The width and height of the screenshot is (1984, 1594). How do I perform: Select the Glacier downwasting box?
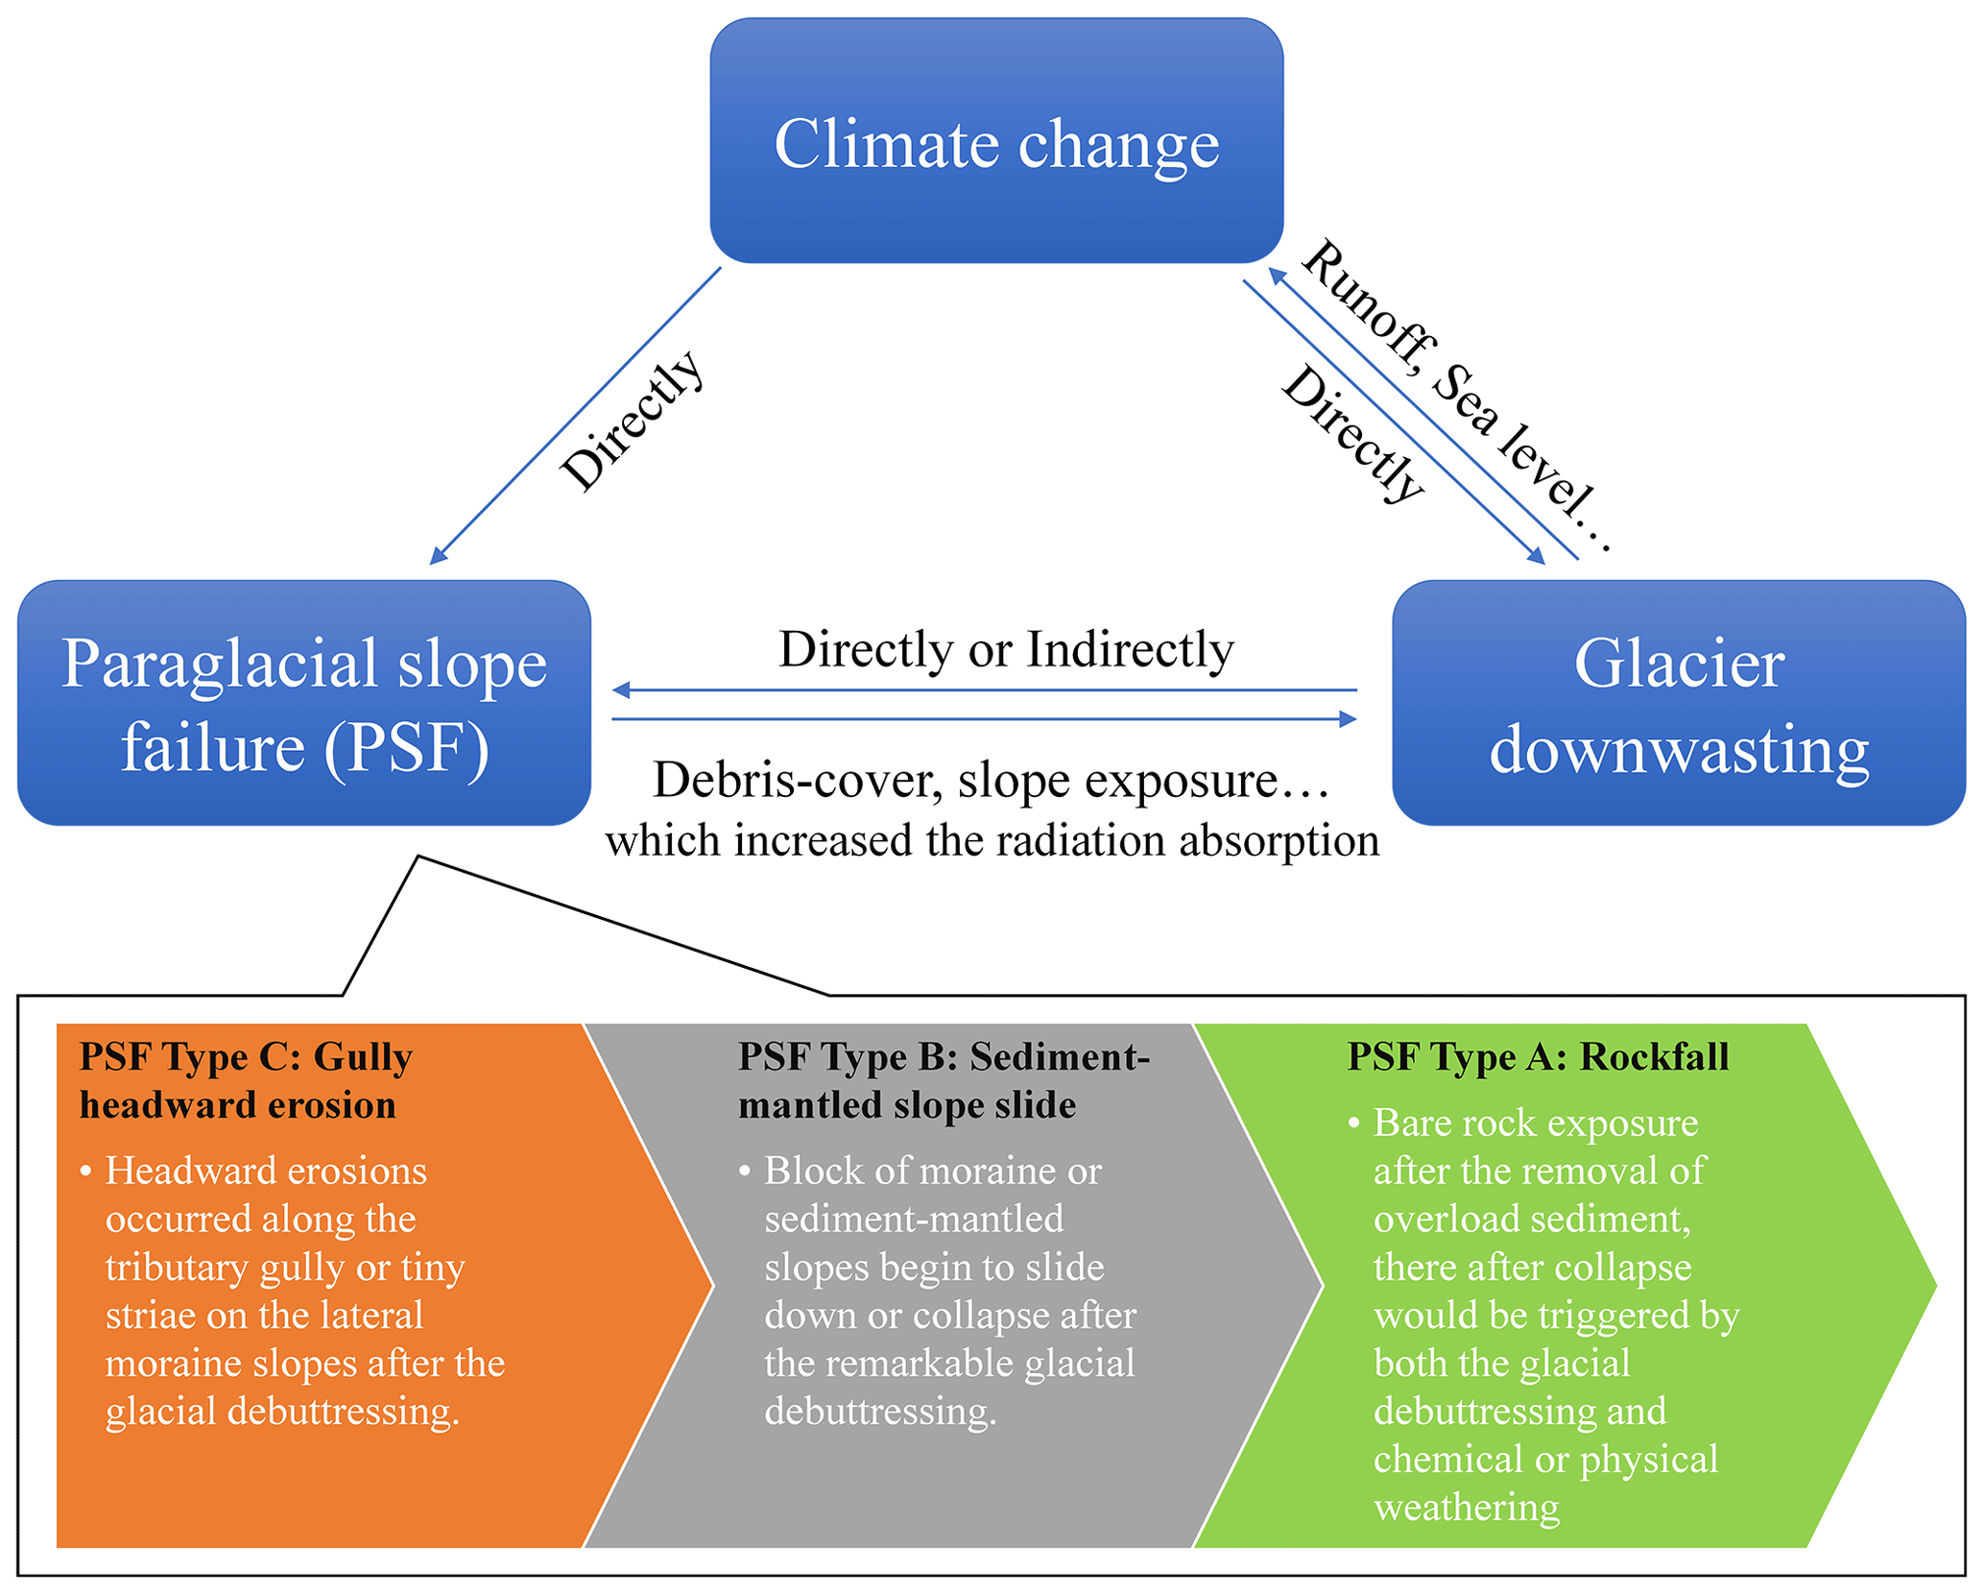[x=1678, y=703]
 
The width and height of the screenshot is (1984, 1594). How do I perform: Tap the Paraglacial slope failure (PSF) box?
[x=304, y=703]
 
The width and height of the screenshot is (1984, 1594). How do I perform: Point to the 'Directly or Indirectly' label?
[x=1005, y=650]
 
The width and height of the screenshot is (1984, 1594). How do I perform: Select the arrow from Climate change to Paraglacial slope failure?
[x=576, y=415]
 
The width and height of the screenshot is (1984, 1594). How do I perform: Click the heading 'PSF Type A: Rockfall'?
[x=1538, y=1056]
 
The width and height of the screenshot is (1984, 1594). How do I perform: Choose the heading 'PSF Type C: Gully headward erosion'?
[x=246, y=1080]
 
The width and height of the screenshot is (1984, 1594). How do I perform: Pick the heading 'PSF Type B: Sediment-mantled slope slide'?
[x=944, y=1080]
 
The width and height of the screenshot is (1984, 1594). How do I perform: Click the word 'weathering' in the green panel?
[x=1466, y=1508]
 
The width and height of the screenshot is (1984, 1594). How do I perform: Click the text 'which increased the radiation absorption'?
[x=992, y=841]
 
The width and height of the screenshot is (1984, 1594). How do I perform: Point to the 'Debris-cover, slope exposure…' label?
[x=992, y=780]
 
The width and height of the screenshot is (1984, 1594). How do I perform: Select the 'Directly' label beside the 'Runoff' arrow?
[x=1353, y=434]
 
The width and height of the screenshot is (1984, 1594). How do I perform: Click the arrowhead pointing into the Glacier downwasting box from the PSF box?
[x=1348, y=718]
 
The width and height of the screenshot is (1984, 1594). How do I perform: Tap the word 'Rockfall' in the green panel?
[x=1655, y=1056]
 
